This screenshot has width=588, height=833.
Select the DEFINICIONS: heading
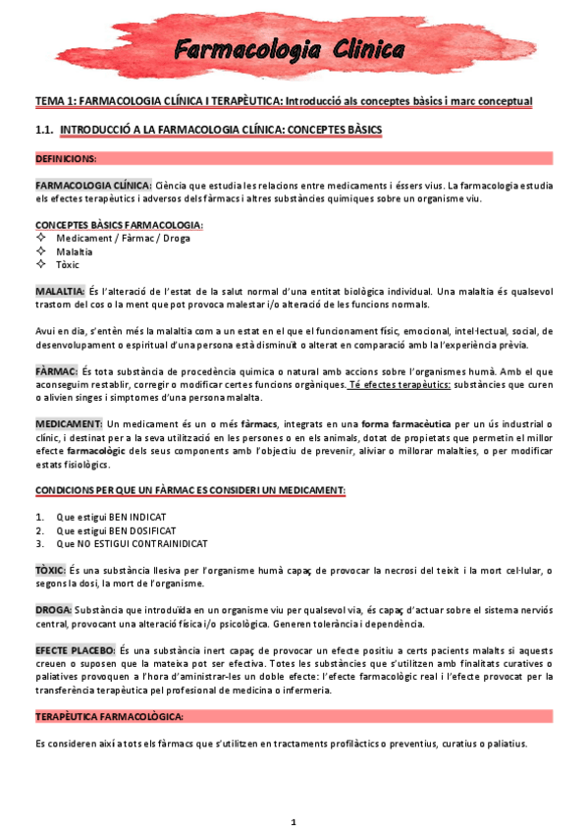coord(66,158)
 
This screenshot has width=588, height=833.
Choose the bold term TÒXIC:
coord(50,570)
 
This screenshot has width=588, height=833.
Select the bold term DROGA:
coord(53,610)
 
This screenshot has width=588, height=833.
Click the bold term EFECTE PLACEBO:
coord(75,650)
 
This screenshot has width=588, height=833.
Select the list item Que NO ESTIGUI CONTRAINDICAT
coord(132,543)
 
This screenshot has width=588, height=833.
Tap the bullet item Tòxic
coord(68,264)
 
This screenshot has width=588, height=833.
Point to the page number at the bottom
coord(293,821)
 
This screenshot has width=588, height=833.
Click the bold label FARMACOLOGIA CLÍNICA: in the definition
coord(93,185)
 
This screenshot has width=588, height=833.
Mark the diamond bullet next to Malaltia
coord(40,251)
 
